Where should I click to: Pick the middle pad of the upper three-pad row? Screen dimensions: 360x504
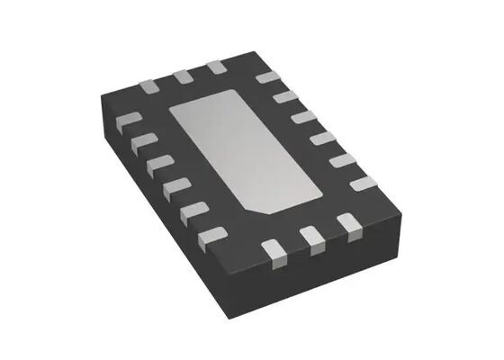(184, 77)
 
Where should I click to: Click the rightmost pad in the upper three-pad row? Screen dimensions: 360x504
(216, 68)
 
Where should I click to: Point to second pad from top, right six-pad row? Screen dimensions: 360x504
(285, 97)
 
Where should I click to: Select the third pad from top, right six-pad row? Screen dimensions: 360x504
(304, 117)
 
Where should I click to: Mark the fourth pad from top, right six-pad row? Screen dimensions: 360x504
(323, 138)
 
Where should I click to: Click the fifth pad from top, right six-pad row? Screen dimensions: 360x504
(343, 160)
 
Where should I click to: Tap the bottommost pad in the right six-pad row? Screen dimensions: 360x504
(364, 184)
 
